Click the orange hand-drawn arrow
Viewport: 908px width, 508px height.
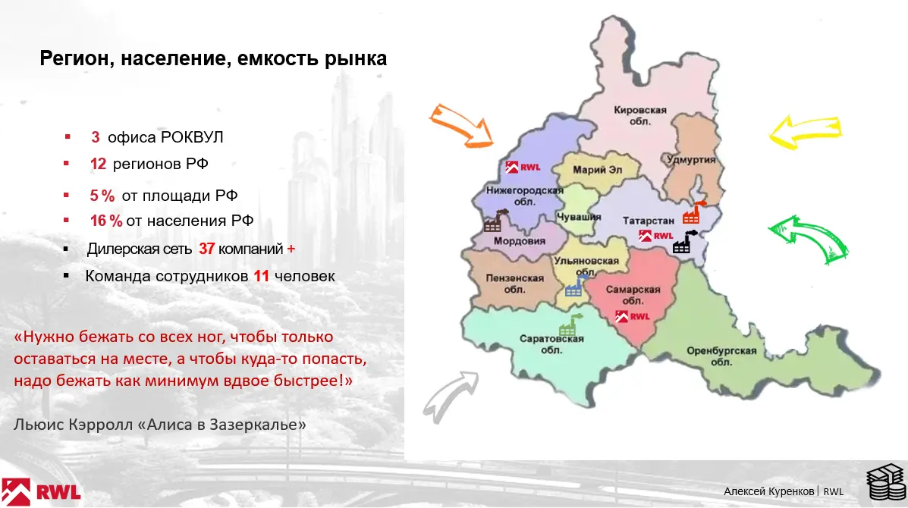[x=462, y=124]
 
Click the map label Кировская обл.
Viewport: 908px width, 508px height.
[x=640, y=116]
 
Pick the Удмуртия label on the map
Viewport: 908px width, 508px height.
[x=691, y=160]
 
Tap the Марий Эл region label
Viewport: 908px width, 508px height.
[x=597, y=170]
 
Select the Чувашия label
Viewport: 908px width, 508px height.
[x=579, y=217]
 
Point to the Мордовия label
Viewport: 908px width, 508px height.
[x=520, y=241]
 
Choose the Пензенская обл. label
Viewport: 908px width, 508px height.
[x=514, y=284]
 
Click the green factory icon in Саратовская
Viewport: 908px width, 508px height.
[x=570, y=325]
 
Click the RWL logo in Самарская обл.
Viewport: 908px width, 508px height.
[x=633, y=316]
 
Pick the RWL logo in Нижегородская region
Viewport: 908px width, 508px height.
[x=523, y=168]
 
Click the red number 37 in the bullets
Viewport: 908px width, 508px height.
[x=207, y=249]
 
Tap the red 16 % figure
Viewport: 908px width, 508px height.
[x=106, y=221]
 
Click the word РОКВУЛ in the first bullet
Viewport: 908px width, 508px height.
[x=192, y=137]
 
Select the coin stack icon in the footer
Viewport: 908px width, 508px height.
[x=885, y=481]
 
